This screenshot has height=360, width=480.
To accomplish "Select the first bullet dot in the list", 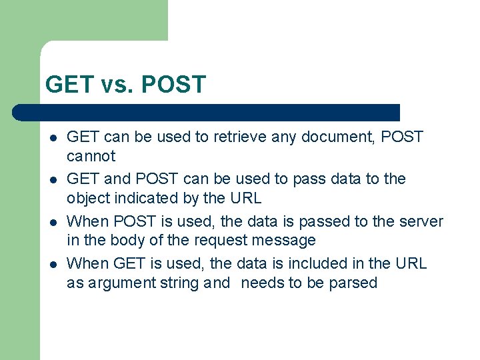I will tap(52, 138).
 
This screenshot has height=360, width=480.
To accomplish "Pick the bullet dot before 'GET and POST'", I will tap(52, 180).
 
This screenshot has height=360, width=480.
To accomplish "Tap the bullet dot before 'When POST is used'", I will tap(52, 222).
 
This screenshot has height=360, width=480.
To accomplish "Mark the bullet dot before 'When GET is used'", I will tap(52, 264).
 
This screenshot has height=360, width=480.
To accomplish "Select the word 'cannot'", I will tap(91, 157).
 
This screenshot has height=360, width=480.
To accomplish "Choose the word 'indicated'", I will tap(137, 199).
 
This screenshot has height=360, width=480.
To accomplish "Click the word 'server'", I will tap(421, 221).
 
